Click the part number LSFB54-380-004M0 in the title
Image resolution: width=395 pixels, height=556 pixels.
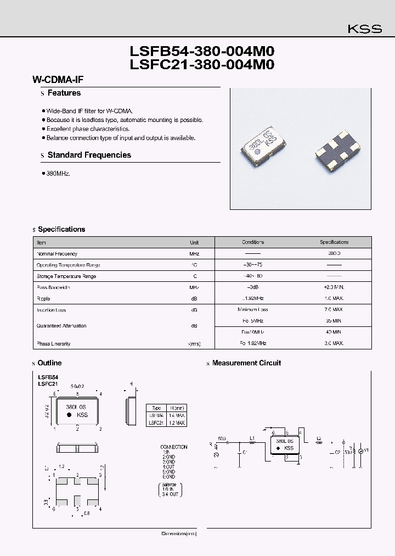click(x=201, y=52)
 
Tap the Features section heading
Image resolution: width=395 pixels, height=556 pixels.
click(x=64, y=93)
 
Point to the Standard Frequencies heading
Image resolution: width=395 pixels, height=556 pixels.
click(x=89, y=155)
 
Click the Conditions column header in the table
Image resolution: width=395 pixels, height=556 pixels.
click(x=253, y=242)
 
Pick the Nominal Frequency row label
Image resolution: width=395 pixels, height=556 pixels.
click(x=57, y=254)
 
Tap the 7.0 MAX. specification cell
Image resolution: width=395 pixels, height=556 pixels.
click(x=334, y=310)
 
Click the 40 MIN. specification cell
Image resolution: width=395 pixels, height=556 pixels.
click(x=334, y=332)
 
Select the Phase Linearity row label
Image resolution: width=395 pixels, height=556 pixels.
click(x=53, y=344)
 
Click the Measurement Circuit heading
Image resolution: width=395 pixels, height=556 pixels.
click(x=246, y=363)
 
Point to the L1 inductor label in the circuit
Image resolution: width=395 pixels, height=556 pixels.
click(x=252, y=437)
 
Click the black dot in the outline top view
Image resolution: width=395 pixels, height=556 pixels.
click(x=69, y=415)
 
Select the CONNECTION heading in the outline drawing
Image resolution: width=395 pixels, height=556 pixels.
click(x=173, y=447)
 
